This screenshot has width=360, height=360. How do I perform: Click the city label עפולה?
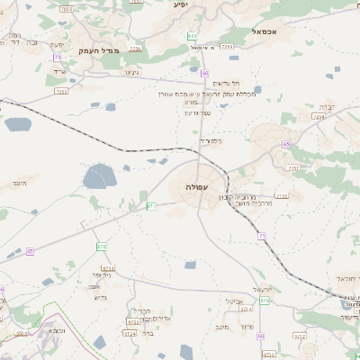[x=197, y=186]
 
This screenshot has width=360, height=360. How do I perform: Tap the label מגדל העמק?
[x=99, y=51]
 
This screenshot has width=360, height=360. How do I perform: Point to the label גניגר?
[x=131, y=72]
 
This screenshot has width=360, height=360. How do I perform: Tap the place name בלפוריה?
[x=210, y=140]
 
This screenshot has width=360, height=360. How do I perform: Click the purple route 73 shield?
[x=58, y=57]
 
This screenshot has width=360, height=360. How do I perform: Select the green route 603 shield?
[x=192, y=36]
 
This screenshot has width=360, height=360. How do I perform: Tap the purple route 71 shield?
[x=262, y=235]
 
